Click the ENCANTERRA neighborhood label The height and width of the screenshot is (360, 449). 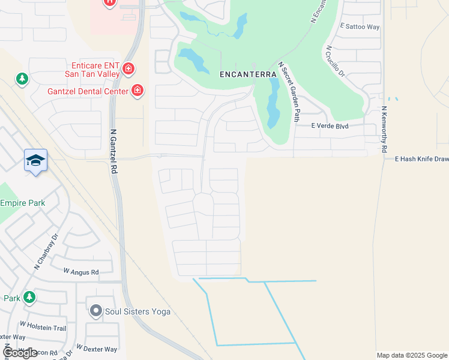point(248,74)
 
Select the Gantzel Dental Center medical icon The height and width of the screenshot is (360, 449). point(137,91)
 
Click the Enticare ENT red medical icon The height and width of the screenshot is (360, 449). point(128,69)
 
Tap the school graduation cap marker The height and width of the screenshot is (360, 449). point(35,160)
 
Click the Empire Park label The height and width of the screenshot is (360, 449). point(22,203)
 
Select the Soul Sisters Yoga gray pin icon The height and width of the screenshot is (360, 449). point(95,311)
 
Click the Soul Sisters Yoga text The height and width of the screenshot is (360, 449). point(137,311)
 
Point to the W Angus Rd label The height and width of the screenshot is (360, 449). point(81,272)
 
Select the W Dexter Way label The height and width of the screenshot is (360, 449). point(97,349)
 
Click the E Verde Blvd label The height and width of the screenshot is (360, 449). point(330,126)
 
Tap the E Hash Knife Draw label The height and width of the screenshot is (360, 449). point(421,159)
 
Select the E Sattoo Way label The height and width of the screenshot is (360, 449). point(360,27)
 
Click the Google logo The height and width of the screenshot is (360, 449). point(20,353)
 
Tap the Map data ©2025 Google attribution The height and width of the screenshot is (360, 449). point(412,355)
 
